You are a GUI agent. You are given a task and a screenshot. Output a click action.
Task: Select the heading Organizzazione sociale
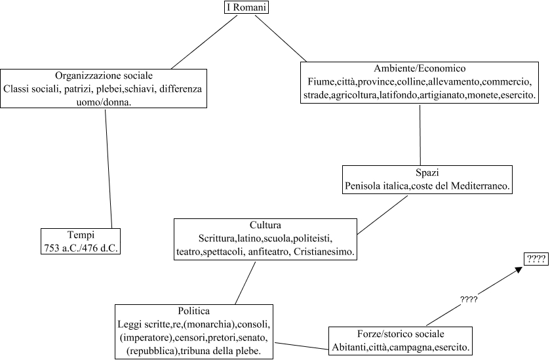[x=105, y=75]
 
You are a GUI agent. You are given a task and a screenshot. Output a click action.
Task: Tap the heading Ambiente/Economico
[x=420, y=68]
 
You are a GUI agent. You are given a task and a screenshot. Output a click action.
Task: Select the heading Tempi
[x=81, y=233]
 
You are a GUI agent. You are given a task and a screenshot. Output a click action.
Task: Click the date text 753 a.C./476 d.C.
[x=81, y=247]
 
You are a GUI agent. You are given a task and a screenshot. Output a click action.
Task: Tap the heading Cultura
[x=265, y=224]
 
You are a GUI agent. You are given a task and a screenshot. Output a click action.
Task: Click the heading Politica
[x=193, y=310]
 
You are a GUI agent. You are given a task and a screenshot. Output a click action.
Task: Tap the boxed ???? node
[x=536, y=259]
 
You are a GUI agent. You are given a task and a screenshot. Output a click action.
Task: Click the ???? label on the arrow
[x=468, y=299]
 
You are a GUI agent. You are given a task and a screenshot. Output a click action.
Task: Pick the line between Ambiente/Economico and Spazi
[x=420, y=134]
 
